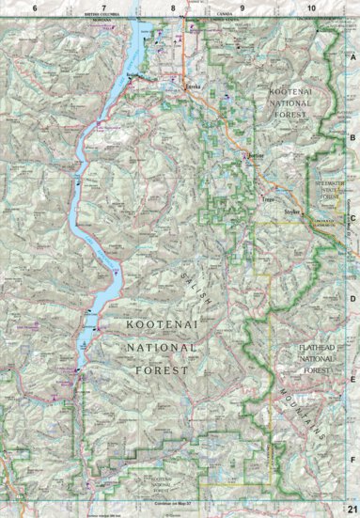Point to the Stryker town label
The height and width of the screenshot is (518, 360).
[291, 213]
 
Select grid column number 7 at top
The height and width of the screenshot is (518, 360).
[104, 8]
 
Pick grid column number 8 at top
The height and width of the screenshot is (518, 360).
[173, 8]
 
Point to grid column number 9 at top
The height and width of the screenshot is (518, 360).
[242, 8]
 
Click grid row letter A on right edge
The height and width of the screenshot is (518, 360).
[352, 55]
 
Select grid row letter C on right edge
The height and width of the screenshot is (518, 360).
[352, 218]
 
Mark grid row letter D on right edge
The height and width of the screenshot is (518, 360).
[352, 299]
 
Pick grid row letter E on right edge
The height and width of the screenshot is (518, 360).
[352, 380]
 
